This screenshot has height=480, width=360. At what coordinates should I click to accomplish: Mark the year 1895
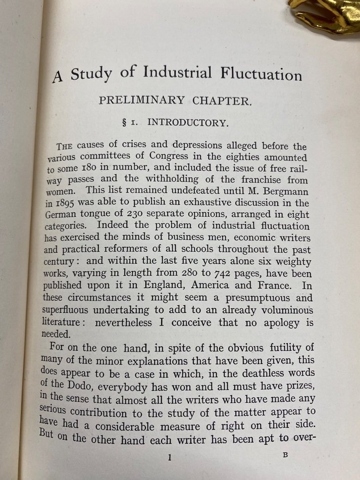click(79, 205)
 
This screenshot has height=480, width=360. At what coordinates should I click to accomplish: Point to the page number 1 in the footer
click(170, 458)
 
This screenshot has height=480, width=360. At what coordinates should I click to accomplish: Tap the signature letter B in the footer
click(286, 454)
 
